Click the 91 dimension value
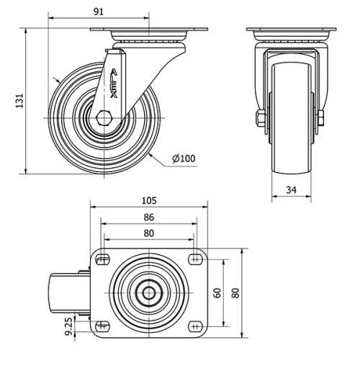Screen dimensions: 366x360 tap(99, 10)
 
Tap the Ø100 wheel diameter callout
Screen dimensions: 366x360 tap(184, 159)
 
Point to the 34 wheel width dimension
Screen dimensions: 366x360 tap(291, 190)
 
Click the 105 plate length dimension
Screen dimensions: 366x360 tap(149, 201)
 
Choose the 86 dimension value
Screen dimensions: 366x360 tap(149, 217)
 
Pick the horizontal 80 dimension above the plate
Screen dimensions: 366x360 tap(149, 233)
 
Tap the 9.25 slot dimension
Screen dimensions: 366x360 tap(68, 326)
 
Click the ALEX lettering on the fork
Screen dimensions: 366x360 tap(114, 82)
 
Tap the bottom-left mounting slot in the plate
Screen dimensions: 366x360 tap(103, 326)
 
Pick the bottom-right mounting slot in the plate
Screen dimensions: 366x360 tap(194, 326)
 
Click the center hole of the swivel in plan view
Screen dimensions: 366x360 tap(149, 293)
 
